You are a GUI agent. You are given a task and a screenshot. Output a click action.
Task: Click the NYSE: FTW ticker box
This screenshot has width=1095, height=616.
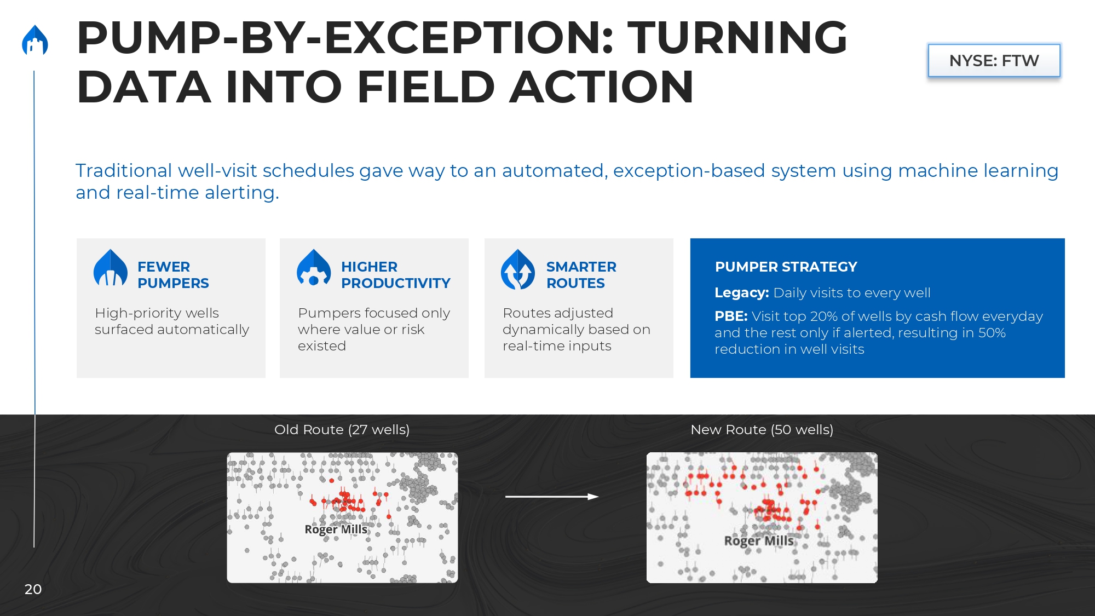[x=994, y=60]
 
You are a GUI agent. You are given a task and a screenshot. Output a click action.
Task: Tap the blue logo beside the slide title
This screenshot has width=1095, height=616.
[x=35, y=40]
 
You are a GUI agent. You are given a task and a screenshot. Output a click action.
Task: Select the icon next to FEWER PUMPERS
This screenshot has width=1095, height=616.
[x=111, y=268]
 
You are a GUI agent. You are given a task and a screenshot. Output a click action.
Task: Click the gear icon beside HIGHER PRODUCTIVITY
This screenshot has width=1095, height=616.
[x=314, y=268]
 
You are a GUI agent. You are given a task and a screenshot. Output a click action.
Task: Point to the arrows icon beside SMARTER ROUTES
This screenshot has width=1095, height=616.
[x=518, y=269]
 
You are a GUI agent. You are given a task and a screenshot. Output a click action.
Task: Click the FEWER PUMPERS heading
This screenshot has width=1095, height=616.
[x=173, y=275]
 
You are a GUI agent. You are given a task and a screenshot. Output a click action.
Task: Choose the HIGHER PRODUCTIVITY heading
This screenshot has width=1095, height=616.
[x=396, y=275]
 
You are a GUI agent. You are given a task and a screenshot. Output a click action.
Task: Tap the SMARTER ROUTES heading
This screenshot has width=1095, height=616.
[x=581, y=275]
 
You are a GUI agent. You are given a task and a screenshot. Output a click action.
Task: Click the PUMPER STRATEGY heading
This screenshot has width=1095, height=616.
[x=786, y=267]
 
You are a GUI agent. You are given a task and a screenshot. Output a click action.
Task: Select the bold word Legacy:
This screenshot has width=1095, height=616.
[x=742, y=293]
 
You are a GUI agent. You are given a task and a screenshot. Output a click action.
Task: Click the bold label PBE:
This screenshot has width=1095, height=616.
[x=731, y=316]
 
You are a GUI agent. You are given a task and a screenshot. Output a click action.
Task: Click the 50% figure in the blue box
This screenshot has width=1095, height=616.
[x=992, y=332]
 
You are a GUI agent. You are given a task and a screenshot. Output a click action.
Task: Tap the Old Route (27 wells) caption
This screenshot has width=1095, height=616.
[x=342, y=430]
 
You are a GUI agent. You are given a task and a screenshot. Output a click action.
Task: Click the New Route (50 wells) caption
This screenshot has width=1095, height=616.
[x=762, y=430]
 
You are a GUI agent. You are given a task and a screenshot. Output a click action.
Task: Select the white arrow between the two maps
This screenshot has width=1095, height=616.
[x=552, y=497]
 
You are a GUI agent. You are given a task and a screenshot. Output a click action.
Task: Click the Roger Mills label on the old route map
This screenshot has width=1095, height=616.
[x=336, y=529]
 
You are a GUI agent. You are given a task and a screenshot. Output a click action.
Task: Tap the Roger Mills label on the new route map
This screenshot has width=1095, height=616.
[x=759, y=541]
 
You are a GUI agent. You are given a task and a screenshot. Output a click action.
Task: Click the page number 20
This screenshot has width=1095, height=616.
[x=33, y=589]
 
